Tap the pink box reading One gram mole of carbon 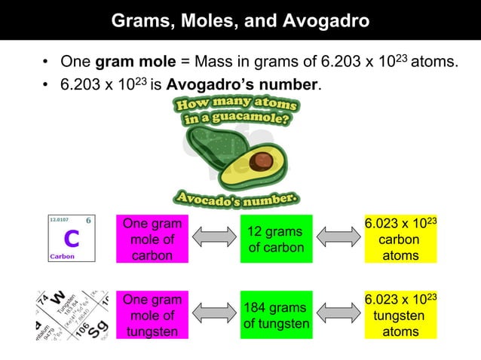pos(152,239)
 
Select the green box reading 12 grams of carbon pos(276,239)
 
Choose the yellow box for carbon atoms pos(400,239)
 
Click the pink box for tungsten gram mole pos(152,315)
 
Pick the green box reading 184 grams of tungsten pos(276,315)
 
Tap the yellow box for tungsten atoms pos(400,315)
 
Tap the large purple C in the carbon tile pos(71,239)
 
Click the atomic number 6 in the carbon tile pos(88,221)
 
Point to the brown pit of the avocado pos(261,160)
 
